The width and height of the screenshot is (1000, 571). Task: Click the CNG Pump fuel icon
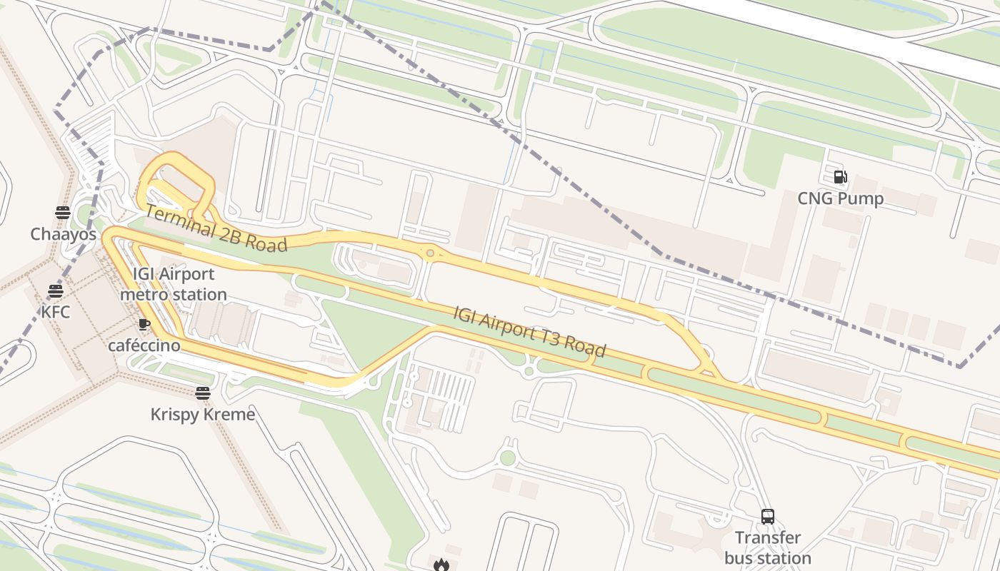pos(841,177)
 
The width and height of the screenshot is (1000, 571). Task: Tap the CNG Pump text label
pos(841,198)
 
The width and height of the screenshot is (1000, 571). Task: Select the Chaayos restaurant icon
pos(63,213)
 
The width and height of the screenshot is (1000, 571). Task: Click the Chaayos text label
pos(63,234)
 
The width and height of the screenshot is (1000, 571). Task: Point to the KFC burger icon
pos(56,291)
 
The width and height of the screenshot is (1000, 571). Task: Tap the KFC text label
pos(56,312)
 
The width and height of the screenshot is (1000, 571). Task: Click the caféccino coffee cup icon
pos(144,325)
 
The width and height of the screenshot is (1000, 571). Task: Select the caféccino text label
pos(144,345)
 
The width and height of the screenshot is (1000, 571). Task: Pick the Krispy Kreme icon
pos(203,393)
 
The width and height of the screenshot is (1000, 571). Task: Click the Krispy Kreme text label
pos(203,414)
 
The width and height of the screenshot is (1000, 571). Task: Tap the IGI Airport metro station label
pos(174,284)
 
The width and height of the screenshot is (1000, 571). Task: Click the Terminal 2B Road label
pos(216,228)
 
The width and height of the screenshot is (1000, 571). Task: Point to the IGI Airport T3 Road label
pos(530,331)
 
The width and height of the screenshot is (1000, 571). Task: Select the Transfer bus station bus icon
pos(768,517)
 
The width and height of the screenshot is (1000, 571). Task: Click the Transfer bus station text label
pos(768,547)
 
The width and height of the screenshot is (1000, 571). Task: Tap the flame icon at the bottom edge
pos(441,565)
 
